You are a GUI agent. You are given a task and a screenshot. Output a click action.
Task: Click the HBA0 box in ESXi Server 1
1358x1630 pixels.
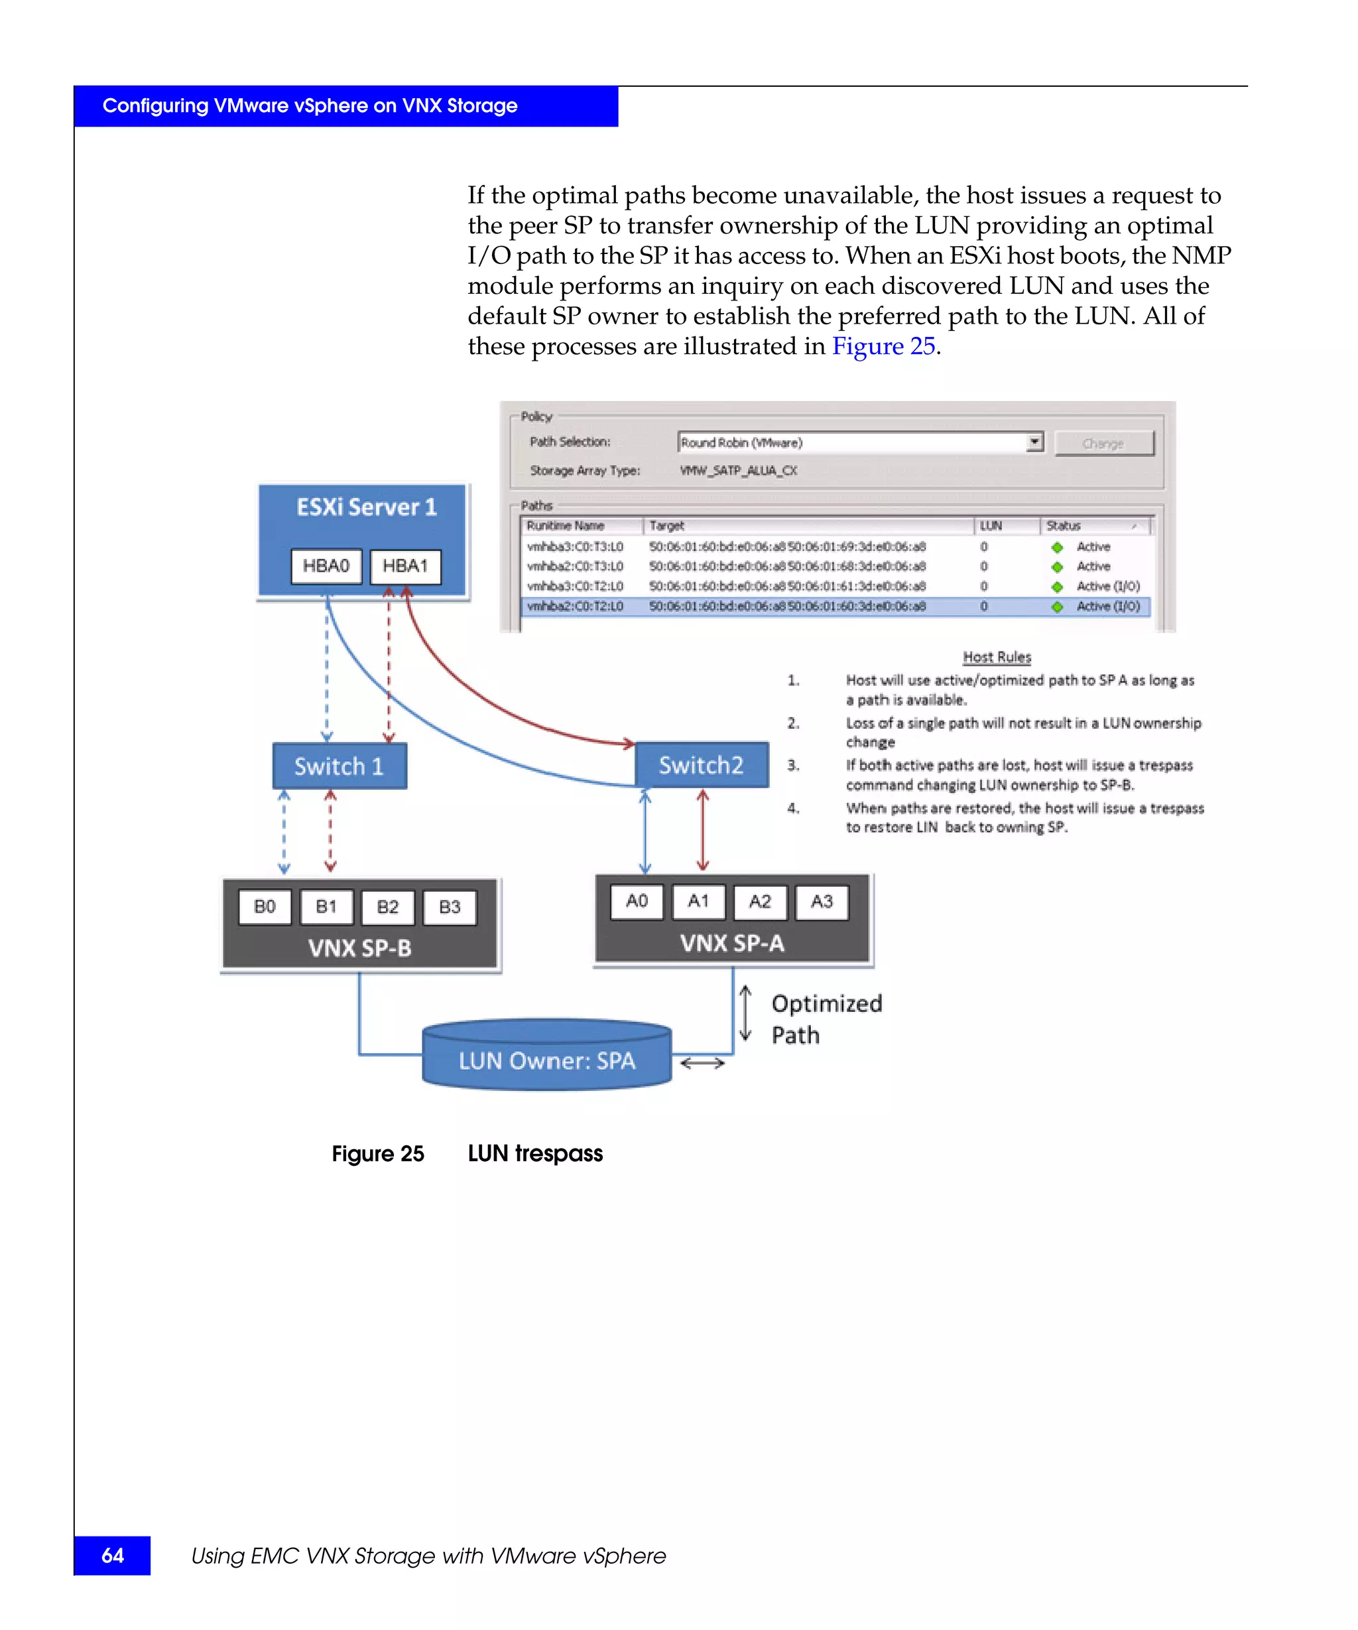tap(326, 566)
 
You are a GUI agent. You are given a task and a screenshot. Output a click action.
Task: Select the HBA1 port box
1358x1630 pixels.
tap(405, 566)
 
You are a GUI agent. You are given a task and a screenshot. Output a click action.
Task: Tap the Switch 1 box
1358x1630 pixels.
tap(339, 766)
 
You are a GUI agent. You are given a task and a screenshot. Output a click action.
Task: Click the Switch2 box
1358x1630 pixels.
tap(702, 765)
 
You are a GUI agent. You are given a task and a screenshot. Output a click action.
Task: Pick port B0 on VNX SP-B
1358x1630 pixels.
tap(265, 907)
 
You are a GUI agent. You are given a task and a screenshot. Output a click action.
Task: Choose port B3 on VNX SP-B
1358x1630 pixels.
tap(450, 907)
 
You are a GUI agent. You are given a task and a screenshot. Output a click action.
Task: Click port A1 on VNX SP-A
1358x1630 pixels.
tap(698, 901)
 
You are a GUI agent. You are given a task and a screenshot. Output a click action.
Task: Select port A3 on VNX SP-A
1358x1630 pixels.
tap(822, 901)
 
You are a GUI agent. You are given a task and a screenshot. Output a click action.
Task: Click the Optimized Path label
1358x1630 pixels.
tap(826, 1019)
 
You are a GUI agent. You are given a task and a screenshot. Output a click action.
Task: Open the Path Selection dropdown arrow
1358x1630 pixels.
tap(1034, 442)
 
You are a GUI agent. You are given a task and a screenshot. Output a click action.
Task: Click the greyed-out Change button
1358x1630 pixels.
tap(1103, 443)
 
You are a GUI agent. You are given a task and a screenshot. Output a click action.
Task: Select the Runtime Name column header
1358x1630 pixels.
tap(566, 525)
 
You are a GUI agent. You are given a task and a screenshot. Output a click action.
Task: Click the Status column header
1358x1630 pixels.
tap(1064, 525)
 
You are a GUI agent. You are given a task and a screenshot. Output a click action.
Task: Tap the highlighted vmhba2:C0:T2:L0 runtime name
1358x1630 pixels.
tap(575, 606)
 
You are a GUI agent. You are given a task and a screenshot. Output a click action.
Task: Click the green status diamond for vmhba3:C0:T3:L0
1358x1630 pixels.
tap(1057, 547)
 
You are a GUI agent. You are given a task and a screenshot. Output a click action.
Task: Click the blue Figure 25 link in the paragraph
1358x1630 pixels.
tap(883, 346)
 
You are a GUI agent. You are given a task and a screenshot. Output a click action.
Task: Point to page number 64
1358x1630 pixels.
tap(113, 1554)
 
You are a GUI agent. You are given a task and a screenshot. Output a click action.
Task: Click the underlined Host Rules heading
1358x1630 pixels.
tap(997, 657)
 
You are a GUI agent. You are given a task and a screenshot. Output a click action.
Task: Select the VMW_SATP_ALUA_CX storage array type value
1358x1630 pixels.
tap(738, 470)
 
